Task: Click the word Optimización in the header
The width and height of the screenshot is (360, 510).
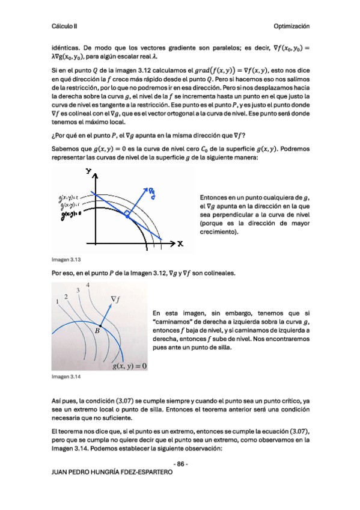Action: (291, 26)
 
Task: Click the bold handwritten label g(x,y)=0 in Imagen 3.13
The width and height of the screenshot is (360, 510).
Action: (68, 215)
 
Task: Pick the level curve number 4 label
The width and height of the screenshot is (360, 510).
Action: (88, 284)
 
